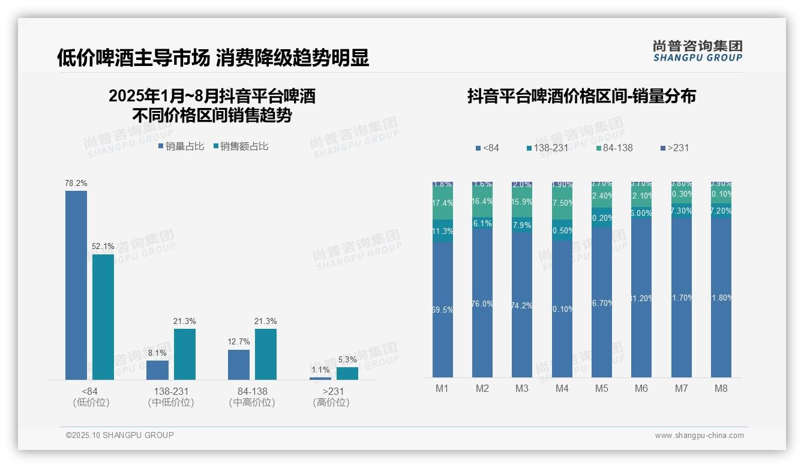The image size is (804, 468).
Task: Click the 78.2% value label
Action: click(76, 183)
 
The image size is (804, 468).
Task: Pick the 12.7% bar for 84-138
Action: click(239, 364)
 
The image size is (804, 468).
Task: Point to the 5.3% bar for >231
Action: click(347, 373)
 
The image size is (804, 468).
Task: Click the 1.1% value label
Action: click(320, 370)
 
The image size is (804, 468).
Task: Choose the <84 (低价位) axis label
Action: click(91, 397)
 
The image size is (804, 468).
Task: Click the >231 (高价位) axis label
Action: click(331, 397)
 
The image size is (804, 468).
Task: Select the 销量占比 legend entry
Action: click(181, 146)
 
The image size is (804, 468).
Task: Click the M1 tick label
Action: click(442, 388)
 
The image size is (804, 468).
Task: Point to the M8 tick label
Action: click(721, 388)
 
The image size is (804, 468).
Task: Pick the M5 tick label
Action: click(602, 388)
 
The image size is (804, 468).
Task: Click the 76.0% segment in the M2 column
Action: click(482, 303)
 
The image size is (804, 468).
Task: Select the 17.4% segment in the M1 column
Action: click(442, 203)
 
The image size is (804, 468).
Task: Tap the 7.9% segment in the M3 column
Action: click(522, 225)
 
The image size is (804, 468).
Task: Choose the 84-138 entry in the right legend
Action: click(614, 148)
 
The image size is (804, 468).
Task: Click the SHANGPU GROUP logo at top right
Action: click(698, 51)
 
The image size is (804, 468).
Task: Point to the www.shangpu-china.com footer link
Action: click(699, 436)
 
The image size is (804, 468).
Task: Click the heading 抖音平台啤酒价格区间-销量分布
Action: click(581, 97)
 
